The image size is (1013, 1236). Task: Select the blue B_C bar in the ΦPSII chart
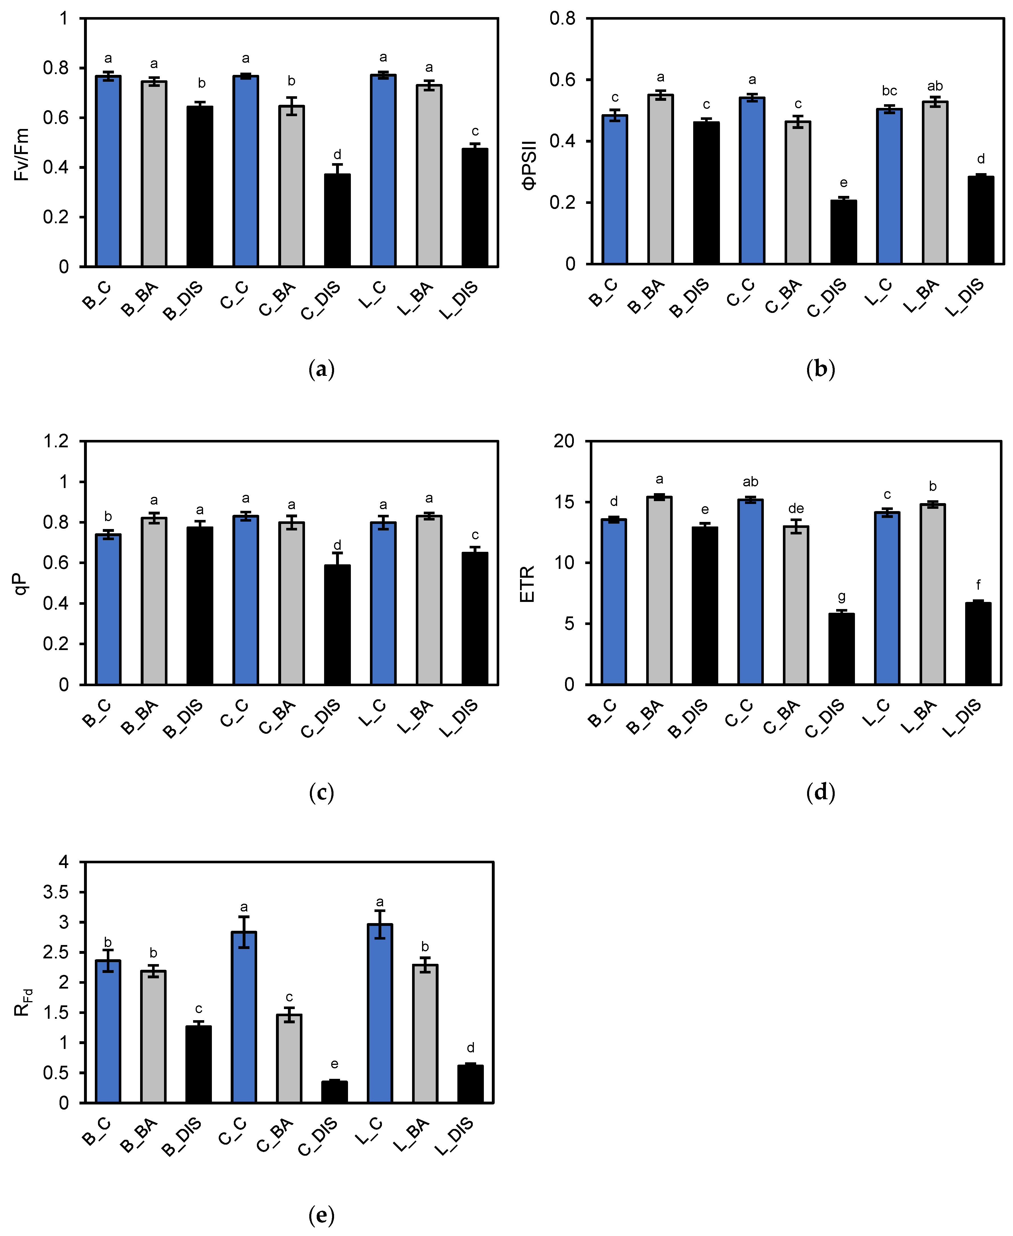coord(615,190)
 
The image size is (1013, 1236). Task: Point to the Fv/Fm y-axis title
coord(22,155)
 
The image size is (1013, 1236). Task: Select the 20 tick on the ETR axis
coord(564,441)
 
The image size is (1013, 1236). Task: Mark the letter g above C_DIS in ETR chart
coord(842,597)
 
